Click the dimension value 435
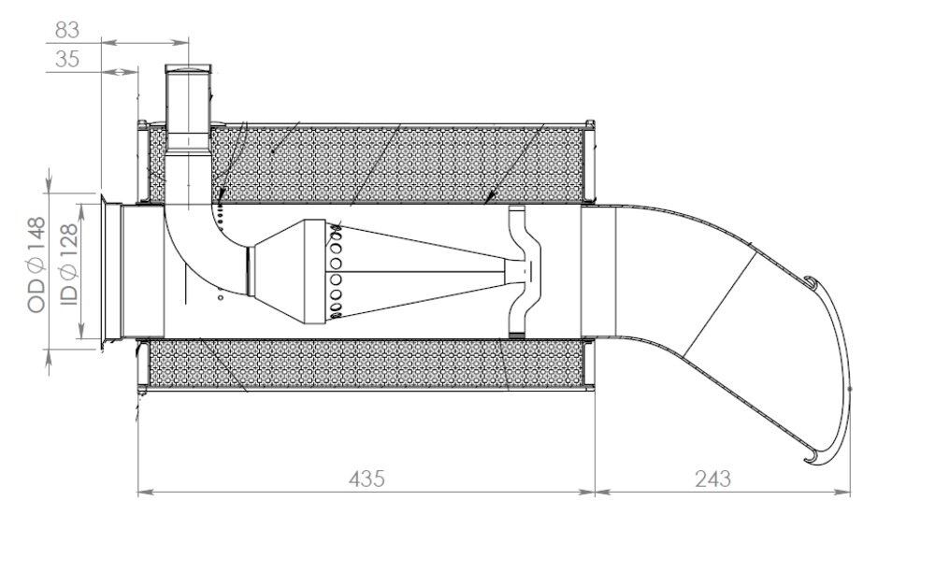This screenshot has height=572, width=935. pyautogui.click(x=367, y=478)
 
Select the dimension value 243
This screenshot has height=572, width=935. pyautogui.click(x=712, y=478)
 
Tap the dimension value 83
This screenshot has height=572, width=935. pyautogui.click(x=67, y=30)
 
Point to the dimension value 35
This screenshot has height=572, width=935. pyautogui.click(x=67, y=60)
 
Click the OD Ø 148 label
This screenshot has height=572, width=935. pyautogui.click(x=36, y=265)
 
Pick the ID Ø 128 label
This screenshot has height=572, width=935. pyautogui.click(x=67, y=265)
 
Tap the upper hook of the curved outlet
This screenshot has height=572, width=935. pyautogui.click(x=811, y=280)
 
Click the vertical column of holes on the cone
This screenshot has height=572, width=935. pyautogui.click(x=335, y=271)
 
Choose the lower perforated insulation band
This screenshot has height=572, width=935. pyautogui.click(x=365, y=365)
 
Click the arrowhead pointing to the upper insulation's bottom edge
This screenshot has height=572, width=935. pyautogui.click(x=491, y=198)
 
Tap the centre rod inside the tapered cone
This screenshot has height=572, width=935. pyautogui.click(x=421, y=271)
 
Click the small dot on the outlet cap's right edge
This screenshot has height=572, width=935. pyautogui.click(x=849, y=388)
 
